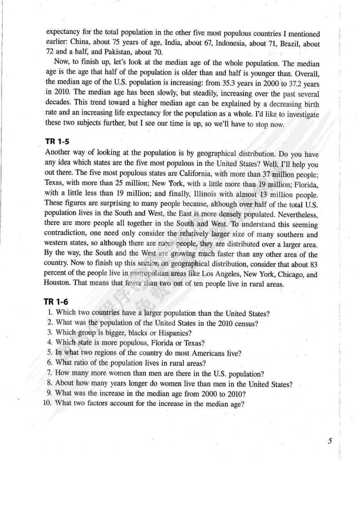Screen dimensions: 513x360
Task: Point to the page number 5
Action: click(330, 441)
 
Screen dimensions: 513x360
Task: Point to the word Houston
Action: click(57, 284)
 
